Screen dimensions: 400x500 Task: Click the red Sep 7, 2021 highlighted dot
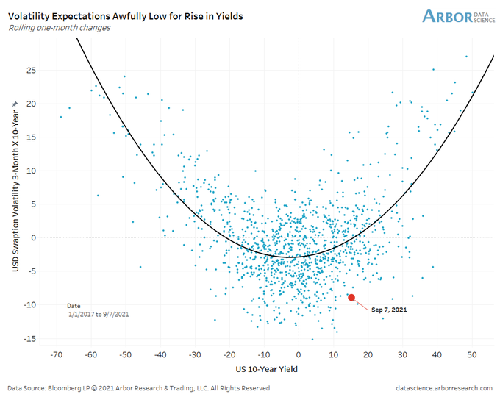click(351, 298)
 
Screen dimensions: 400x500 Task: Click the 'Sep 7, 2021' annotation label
click(389, 310)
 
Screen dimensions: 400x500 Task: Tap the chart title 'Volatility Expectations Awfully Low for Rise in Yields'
click(126, 15)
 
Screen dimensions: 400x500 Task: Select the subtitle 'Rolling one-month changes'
click(60, 28)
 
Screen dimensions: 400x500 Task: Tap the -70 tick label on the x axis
click(55, 354)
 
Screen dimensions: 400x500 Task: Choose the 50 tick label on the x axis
click(472, 354)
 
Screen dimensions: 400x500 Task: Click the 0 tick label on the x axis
click(299, 354)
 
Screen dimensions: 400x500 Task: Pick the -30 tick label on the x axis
click(194, 354)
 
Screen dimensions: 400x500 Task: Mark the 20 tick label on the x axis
click(368, 354)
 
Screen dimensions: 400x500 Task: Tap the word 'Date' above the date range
click(74, 304)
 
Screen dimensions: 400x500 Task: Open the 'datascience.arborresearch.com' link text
click(445, 387)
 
